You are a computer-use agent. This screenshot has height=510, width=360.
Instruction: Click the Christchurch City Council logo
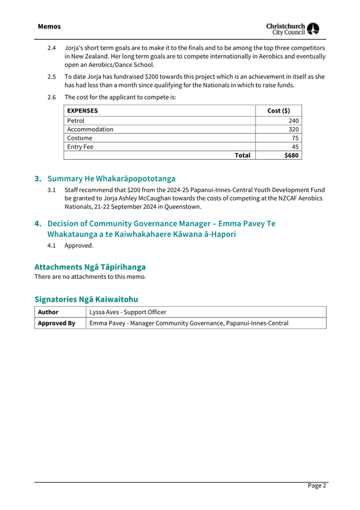click(292, 29)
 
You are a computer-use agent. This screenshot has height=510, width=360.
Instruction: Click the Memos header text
click(49, 27)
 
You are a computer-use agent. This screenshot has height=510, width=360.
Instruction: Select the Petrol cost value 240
click(293, 121)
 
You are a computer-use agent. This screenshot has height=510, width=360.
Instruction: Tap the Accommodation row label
click(90, 129)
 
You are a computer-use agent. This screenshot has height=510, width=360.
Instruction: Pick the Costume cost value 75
click(295, 138)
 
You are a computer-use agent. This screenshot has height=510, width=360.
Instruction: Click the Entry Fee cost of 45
click(295, 147)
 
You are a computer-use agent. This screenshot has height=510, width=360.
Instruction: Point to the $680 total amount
click(291, 155)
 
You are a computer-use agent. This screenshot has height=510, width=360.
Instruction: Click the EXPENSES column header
click(82, 111)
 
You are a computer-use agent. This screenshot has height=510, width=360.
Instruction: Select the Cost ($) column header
click(279, 111)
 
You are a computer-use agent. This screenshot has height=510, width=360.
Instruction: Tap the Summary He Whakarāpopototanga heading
click(111, 179)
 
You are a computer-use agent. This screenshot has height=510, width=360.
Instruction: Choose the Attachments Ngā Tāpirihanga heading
click(90, 267)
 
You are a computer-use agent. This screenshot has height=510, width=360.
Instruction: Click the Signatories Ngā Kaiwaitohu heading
click(86, 299)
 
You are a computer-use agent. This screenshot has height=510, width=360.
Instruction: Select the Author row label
click(48, 312)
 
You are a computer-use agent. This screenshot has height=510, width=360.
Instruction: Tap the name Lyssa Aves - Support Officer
click(128, 312)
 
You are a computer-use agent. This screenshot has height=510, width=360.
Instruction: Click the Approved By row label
click(57, 323)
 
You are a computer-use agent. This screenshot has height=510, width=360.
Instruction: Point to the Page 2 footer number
click(317, 485)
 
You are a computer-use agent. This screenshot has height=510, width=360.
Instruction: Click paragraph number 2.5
click(52, 77)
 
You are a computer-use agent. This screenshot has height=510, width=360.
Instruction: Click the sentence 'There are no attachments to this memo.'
click(90, 277)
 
